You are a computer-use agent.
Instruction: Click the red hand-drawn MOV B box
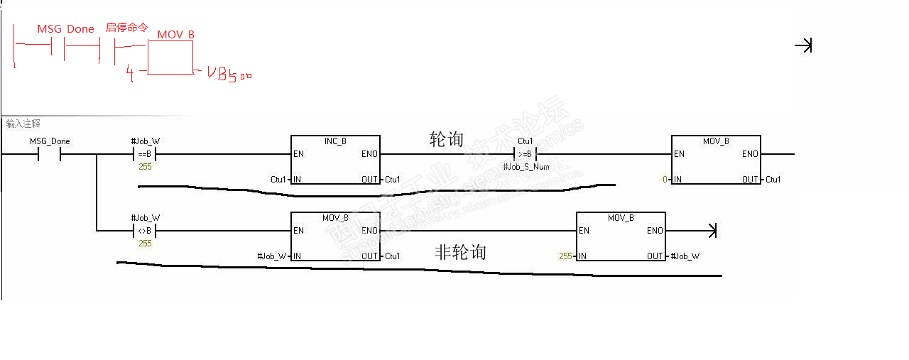170,57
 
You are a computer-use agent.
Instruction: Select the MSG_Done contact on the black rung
50,154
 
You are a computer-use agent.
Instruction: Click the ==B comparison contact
145,154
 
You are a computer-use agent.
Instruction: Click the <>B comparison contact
145,231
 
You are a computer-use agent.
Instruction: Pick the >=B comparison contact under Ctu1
526,154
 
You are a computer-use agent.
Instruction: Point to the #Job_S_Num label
526,167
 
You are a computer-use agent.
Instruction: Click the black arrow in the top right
803,46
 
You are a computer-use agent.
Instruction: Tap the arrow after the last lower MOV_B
710,230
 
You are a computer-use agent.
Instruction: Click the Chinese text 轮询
447,139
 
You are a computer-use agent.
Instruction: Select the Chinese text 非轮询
460,252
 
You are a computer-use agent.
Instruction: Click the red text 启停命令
126,28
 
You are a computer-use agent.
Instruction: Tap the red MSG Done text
65,29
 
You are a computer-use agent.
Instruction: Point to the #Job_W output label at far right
685,256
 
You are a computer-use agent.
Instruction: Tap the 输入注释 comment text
23,124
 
